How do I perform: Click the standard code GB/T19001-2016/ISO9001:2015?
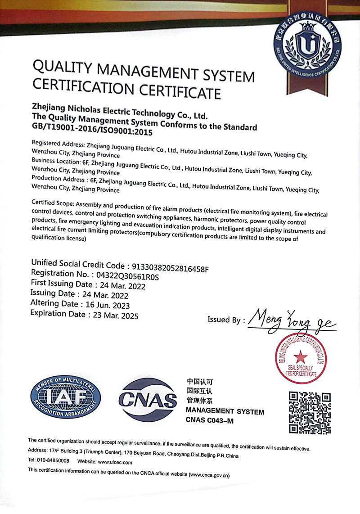(x=93, y=132)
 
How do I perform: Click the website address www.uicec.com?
(x=115, y=462)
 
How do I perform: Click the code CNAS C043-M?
(x=210, y=420)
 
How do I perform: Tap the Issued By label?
(x=224, y=320)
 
